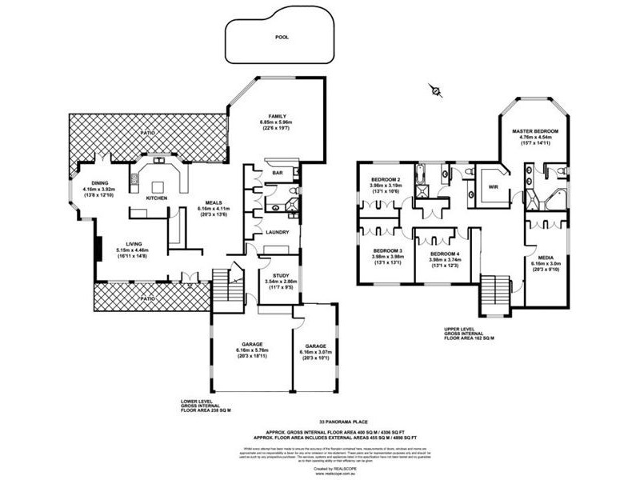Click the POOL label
tap(282, 37)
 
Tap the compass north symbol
tap(435, 91)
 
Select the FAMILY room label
tap(278, 116)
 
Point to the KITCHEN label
tap(157, 196)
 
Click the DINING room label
tap(100, 182)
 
